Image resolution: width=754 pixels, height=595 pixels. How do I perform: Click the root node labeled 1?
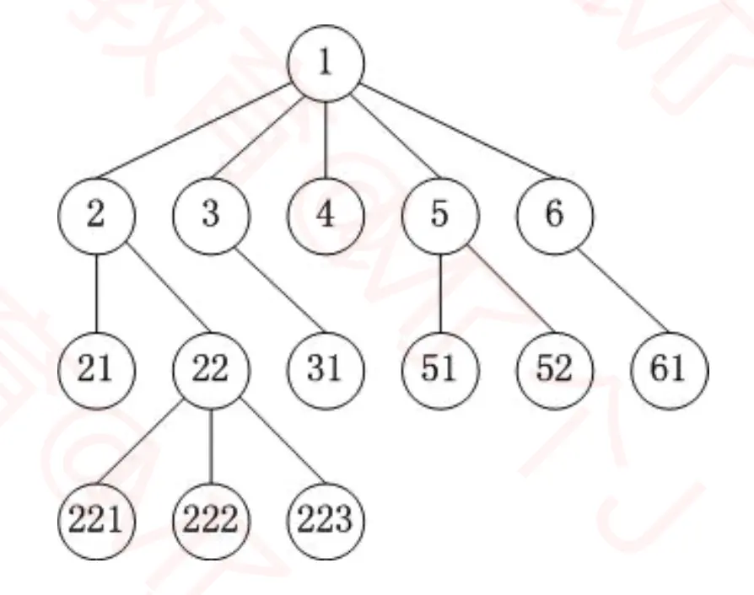(326, 65)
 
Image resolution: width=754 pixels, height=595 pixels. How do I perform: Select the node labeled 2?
(96, 216)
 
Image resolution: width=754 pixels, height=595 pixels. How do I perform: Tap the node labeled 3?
(211, 216)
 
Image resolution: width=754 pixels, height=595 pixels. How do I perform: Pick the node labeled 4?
(326, 216)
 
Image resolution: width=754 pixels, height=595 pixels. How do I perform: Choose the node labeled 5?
(439, 216)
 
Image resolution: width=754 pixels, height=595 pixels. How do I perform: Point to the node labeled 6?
(554, 216)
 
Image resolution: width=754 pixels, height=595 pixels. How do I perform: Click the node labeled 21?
(96, 369)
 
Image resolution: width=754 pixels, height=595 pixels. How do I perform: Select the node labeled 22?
(211, 369)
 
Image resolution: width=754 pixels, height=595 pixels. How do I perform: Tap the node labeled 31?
(326, 369)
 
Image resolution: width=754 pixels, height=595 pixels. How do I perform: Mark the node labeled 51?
(439, 369)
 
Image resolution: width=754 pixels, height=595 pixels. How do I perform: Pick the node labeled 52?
(554, 369)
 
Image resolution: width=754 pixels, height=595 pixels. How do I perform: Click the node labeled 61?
(669, 369)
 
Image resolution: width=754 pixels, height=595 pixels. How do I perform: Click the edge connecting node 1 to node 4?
(326, 140)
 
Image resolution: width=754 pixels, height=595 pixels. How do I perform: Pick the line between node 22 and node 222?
(211, 446)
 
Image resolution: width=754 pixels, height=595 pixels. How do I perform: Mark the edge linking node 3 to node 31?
(268, 292)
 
